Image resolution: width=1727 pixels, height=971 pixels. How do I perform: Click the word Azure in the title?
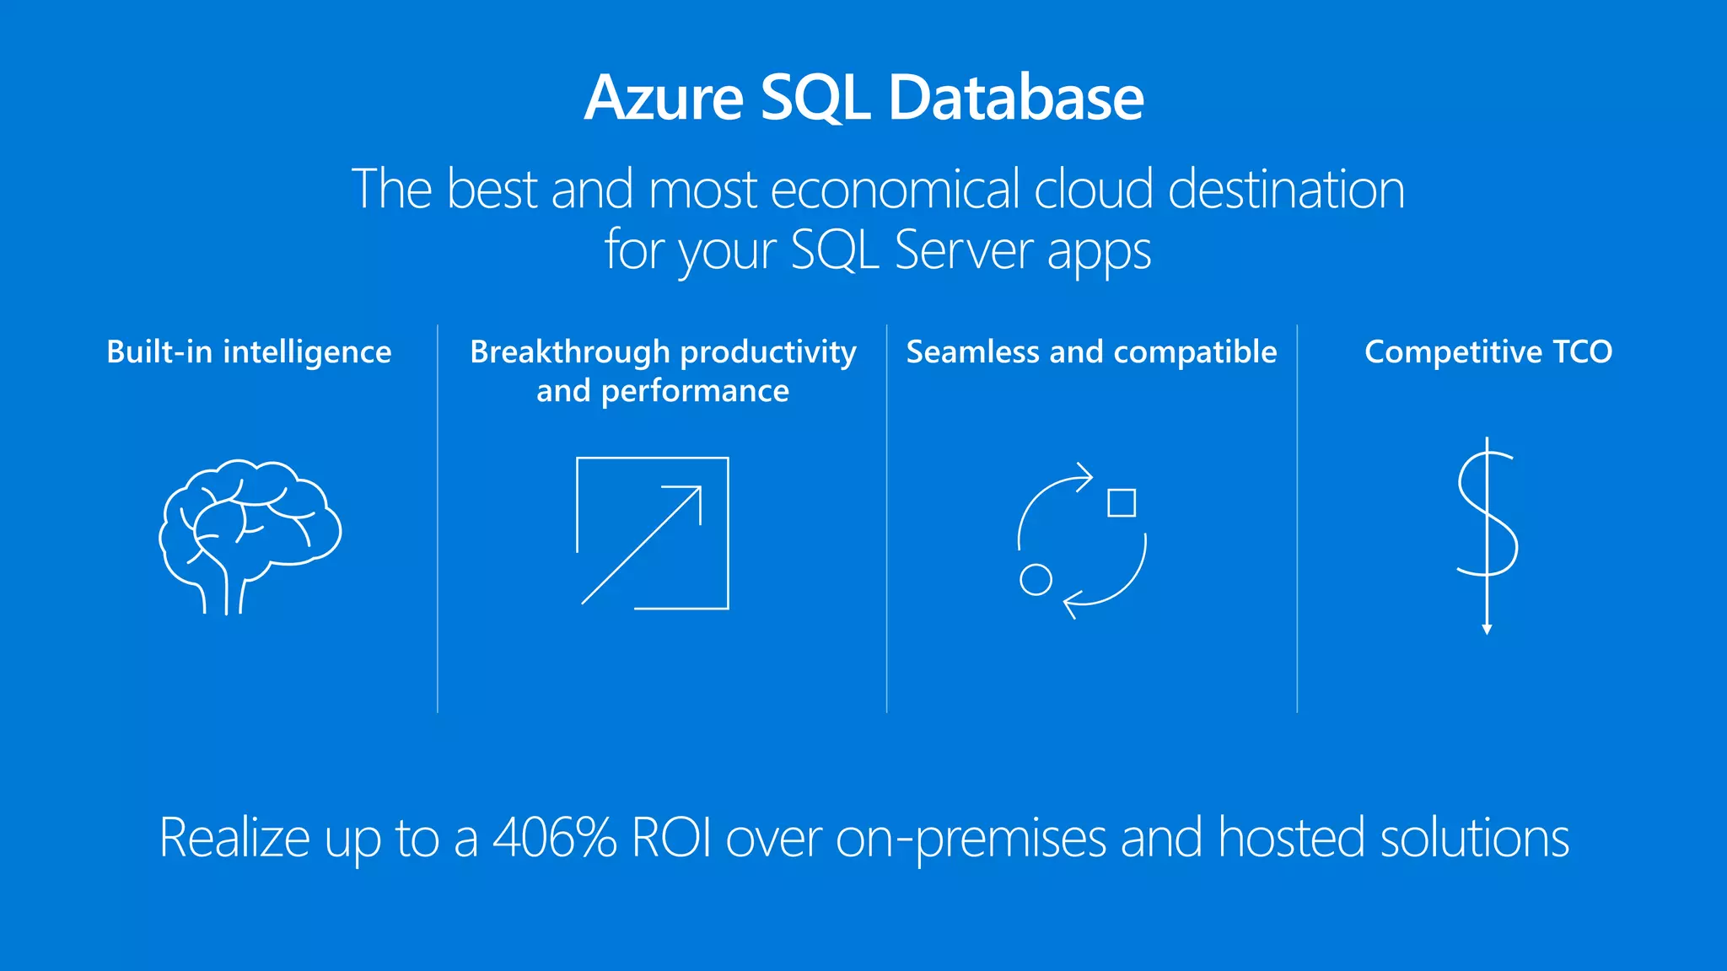click(x=664, y=98)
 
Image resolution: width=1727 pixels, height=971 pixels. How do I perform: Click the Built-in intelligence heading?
click(x=249, y=351)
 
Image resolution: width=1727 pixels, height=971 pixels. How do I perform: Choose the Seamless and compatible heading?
click(x=1091, y=351)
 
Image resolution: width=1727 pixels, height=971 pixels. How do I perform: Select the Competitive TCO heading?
click(x=1488, y=351)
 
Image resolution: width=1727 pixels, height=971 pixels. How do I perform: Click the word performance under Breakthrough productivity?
click(x=695, y=391)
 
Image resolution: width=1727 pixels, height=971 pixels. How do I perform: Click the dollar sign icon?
click(x=1488, y=514)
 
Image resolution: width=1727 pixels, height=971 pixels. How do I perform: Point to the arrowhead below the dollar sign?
click(x=1487, y=629)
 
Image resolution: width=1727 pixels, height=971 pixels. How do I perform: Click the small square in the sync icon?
click(x=1122, y=502)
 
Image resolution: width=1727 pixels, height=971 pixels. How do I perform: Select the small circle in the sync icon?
click(x=1036, y=580)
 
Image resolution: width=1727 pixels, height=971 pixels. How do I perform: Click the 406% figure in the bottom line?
click(x=555, y=838)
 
